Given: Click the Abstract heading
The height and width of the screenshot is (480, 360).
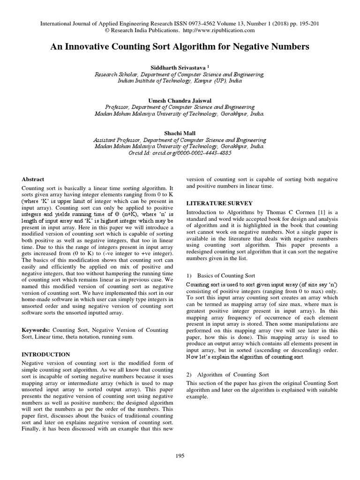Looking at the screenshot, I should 33,179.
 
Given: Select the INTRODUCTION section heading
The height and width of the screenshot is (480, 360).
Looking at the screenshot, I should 46,354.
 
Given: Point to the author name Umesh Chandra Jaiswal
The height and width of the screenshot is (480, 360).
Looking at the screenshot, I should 180,100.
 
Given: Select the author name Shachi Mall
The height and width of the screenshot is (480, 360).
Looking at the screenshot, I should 180,133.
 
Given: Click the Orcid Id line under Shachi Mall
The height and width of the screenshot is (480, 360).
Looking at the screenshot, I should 180,153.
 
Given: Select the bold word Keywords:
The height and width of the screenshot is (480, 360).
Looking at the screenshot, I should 37,330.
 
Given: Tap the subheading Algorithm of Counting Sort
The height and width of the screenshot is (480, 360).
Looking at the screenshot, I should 233,375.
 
